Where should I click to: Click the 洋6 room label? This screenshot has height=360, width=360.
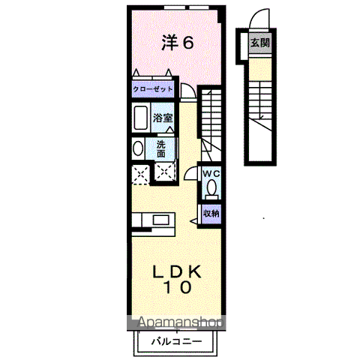click(178, 43)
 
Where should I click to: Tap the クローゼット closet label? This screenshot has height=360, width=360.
click(153, 89)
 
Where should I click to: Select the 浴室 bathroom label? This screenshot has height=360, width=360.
click(163, 118)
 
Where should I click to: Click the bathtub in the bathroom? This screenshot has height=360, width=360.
click(140, 118)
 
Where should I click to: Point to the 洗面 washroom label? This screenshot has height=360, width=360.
click(161, 149)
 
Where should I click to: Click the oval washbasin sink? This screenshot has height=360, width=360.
click(138, 148)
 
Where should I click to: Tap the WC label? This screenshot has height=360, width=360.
click(211, 174)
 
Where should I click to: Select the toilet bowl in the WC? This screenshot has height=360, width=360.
click(211, 187)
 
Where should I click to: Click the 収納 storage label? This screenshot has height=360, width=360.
click(211, 213)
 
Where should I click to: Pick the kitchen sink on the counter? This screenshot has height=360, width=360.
click(160, 220)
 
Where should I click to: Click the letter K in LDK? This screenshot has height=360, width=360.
click(193, 271)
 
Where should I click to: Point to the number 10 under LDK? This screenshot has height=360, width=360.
click(178, 287)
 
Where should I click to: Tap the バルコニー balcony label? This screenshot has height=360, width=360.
click(176, 341)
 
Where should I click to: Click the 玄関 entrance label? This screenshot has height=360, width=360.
click(260, 43)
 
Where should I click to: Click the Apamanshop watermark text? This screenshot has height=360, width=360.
click(180, 322)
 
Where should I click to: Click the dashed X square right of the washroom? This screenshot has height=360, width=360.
click(164, 172)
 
